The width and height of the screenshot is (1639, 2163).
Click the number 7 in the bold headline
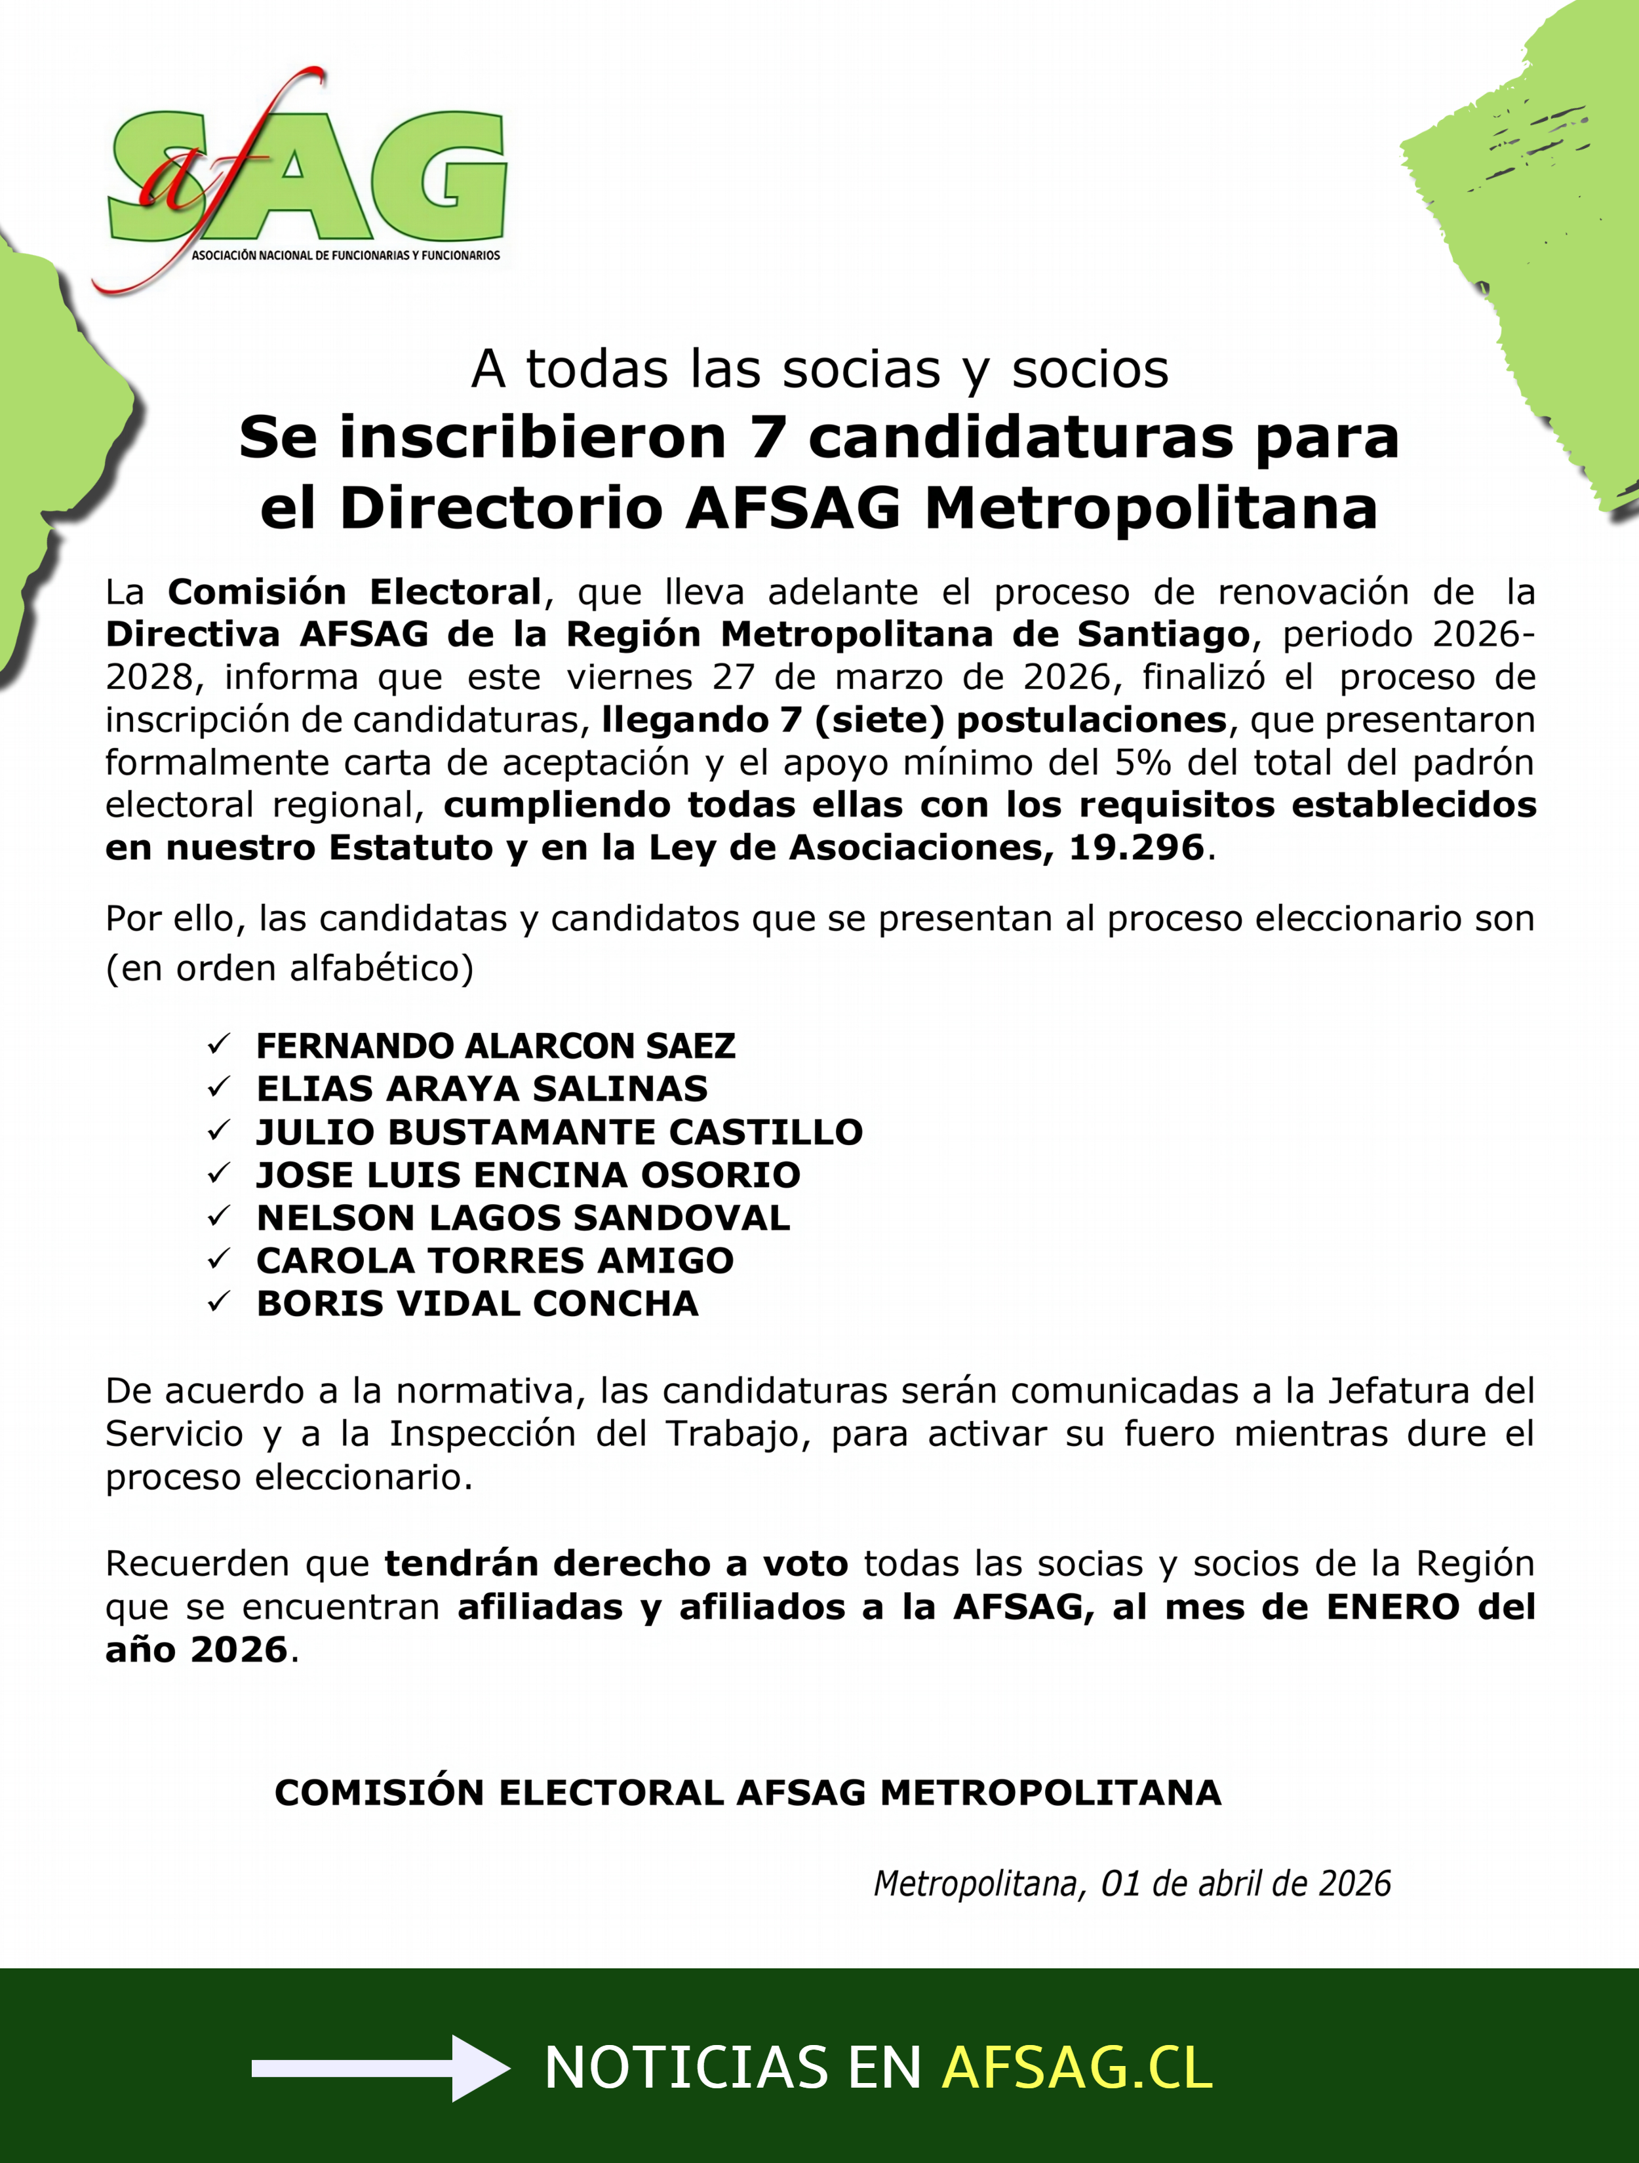pyautogui.click(x=768, y=437)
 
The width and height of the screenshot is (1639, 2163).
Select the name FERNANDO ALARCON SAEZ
pyautogui.click(x=495, y=1046)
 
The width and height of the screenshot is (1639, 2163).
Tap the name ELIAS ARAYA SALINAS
pyautogui.click(x=481, y=1088)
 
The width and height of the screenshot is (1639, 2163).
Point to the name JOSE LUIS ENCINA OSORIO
pyautogui.click(x=528, y=1175)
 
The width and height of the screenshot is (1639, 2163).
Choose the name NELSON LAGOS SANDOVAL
pyautogui.click(x=523, y=1217)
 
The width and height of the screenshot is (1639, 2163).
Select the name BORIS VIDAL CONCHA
pyautogui.click(x=477, y=1304)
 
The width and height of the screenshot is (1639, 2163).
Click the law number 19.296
pyautogui.click(x=1135, y=848)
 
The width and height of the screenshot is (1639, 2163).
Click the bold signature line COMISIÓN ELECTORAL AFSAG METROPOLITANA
pyautogui.click(x=747, y=1793)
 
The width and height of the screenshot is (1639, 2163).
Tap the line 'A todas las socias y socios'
pyautogui.click(x=819, y=370)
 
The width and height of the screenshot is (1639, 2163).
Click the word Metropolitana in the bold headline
pyautogui.click(x=1151, y=509)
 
